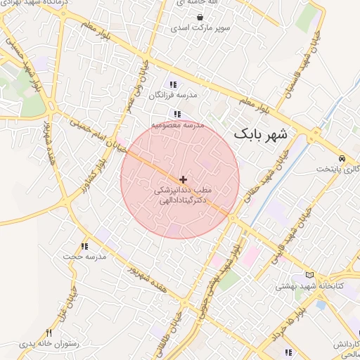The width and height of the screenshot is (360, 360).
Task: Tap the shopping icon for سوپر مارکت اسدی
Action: [x=200, y=18]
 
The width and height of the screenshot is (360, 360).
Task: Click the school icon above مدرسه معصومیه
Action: [x=178, y=114]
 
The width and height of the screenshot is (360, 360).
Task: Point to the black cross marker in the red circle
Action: [x=184, y=180]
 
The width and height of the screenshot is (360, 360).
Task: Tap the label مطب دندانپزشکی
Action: [x=183, y=190]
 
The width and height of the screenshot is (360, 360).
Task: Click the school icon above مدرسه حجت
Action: [x=84, y=246]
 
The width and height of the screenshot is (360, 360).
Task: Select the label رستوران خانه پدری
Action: [x=46, y=344]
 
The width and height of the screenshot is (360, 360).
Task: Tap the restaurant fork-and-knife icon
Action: [x=49, y=333]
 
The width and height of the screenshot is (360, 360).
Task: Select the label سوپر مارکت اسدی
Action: [x=200, y=29]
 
